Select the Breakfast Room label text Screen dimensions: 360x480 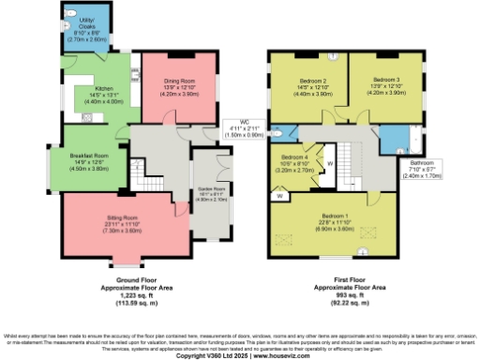[x=89, y=155]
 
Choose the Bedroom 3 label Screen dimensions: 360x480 [x=385, y=81]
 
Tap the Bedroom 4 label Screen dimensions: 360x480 [x=293, y=157]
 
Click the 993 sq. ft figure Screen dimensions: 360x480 [x=349, y=294]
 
